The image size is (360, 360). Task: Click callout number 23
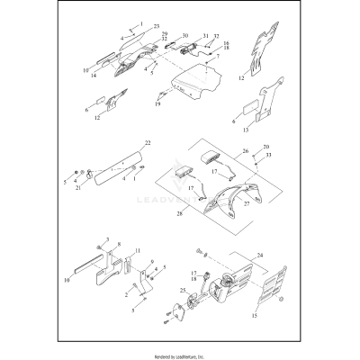tap(158, 28)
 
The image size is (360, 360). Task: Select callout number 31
tap(205, 35)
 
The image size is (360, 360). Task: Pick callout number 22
tap(148, 143)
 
